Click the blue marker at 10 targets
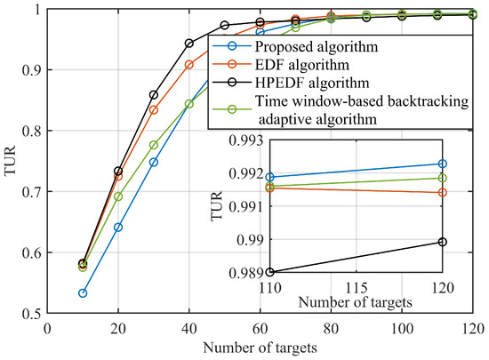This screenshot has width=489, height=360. (x=83, y=292)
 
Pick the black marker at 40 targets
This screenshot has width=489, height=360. (x=188, y=43)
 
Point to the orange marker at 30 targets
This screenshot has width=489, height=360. (x=154, y=109)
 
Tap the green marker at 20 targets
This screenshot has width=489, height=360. (x=118, y=196)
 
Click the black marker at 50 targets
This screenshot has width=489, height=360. (x=224, y=25)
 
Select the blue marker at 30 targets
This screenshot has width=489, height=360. (x=154, y=162)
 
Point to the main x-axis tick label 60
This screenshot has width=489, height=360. (x=260, y=327)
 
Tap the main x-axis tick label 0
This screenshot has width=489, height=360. (x=47, y=327)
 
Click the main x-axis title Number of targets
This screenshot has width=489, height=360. (x=261, y=347)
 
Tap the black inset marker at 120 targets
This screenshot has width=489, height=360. (x=442, y=242)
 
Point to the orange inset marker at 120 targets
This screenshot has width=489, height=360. (x=442, y=192)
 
